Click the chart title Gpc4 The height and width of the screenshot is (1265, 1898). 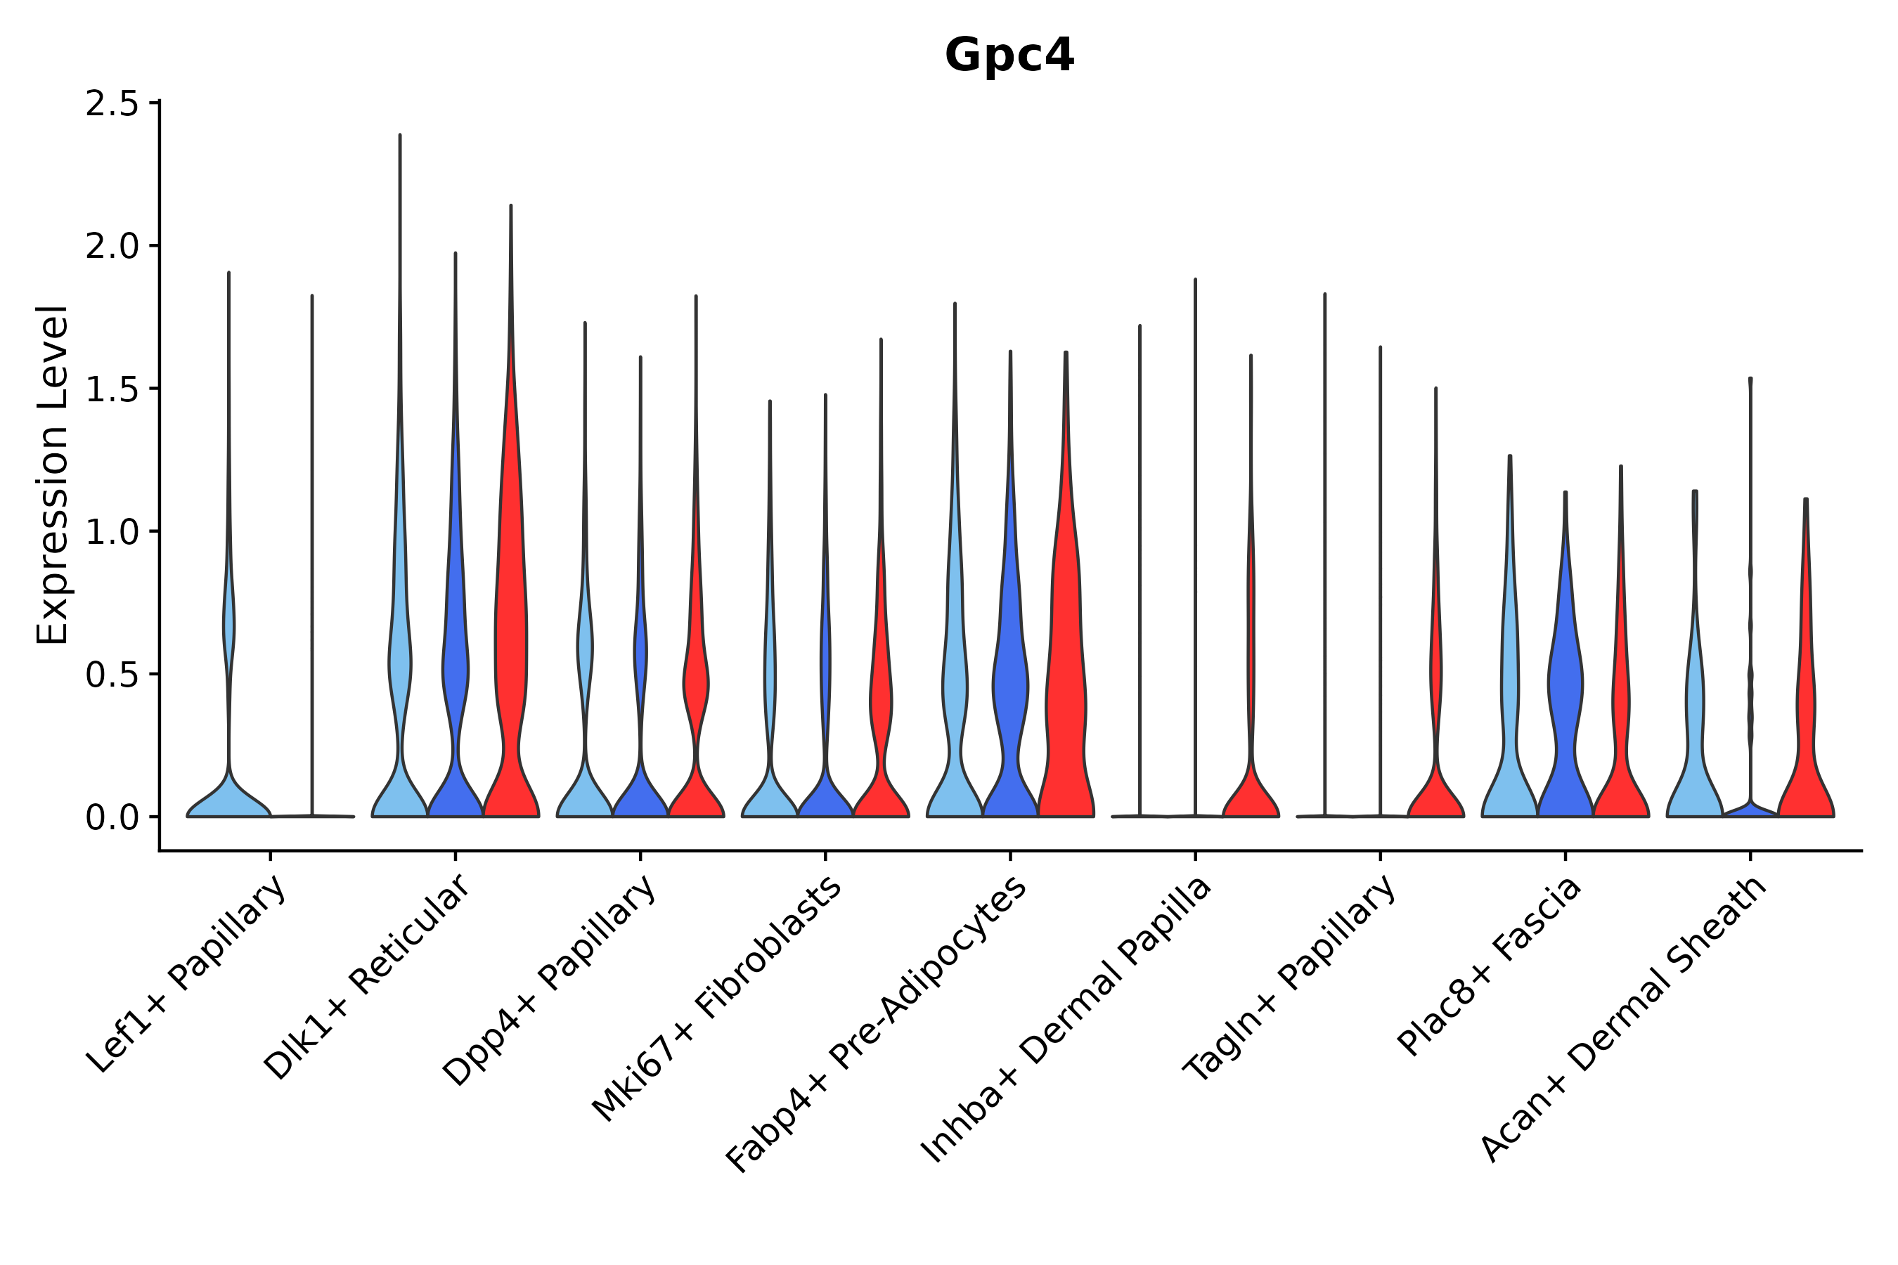coord(1009,56)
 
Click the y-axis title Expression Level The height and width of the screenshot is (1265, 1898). coord(53,474)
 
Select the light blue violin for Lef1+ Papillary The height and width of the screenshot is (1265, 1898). coord(228,798)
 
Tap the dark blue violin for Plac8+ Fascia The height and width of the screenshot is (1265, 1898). coord(1565,686)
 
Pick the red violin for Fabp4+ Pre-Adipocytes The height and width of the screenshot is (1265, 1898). coord(1065,686)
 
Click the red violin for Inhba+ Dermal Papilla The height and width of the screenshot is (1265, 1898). coord(1251,795)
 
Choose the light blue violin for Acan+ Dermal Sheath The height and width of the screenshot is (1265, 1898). coord(1694,726)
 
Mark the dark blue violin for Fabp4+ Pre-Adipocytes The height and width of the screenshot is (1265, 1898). coord(1009,686)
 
